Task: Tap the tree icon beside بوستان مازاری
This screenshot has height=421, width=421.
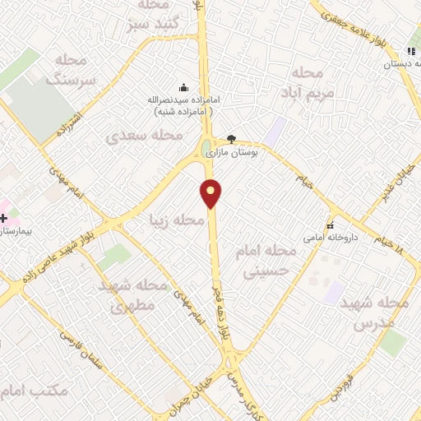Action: (x=231, y=139)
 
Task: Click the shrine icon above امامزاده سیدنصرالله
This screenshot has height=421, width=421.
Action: (x=183, y=87)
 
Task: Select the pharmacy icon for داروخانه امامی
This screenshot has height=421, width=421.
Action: (x=331, y=225)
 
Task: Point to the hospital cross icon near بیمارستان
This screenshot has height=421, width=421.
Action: (x=4, y=218)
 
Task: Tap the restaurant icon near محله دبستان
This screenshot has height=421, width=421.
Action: (x=410, y=51)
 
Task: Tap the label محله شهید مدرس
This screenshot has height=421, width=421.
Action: (x=379, y=313)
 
